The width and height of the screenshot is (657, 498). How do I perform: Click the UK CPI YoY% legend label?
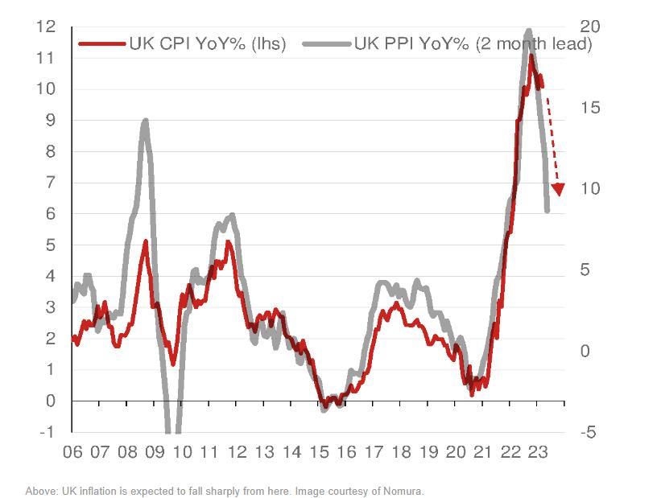click(207, 43)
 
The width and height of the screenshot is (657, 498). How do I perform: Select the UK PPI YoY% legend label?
click(473, 43)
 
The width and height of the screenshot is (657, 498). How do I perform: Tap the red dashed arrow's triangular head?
click(557, 189)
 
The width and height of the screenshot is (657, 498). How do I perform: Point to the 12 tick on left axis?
click(45, 27)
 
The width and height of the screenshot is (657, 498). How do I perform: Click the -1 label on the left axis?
click(47, 432)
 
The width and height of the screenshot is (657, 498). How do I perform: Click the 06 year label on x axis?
click(72, 452)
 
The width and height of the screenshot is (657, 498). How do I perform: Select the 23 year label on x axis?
click(538, 452)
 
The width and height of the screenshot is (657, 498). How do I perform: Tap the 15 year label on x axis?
click(319, 452)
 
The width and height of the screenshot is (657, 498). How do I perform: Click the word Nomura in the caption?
click(404, 491)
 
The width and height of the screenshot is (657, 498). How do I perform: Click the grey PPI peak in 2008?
click(145, 121)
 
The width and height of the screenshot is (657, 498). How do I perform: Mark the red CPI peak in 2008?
click(145, 241)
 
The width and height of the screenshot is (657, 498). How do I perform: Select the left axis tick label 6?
click(50, 213)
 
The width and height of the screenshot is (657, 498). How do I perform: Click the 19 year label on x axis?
click(428, 452)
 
